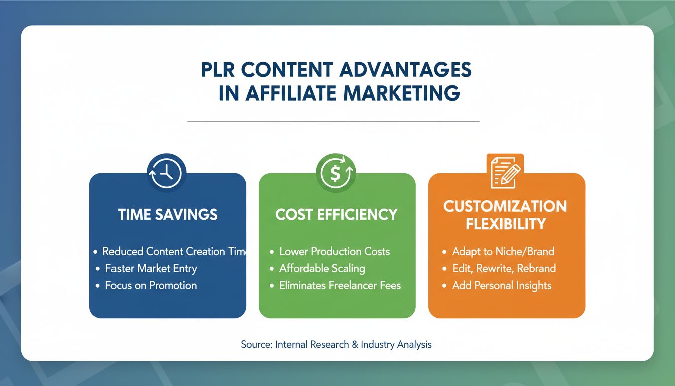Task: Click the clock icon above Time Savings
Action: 167,173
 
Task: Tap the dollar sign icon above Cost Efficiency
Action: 335,173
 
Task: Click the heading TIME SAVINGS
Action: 168,215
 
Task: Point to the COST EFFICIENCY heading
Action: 336,215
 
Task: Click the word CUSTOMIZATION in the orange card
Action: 505,207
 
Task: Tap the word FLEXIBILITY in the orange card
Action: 505,224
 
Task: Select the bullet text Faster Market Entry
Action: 151,268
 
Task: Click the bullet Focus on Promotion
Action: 151,285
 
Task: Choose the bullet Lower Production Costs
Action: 334,251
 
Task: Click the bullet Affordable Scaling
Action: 322,268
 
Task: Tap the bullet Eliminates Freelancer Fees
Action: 340,285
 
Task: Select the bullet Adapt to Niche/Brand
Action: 503,251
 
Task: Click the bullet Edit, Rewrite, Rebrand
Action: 504,268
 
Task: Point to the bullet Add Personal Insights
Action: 501,285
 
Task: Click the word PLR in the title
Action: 219,70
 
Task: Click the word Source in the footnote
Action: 256,345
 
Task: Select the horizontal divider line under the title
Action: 333,121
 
